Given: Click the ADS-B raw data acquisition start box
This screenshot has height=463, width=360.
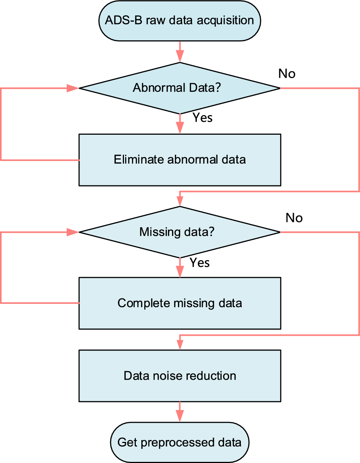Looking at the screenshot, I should pyautogui.click(x=180, y=21).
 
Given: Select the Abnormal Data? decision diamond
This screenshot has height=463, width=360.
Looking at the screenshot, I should pyautogui.click(x=180, y=88).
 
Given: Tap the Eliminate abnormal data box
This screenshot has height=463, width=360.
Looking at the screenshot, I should pyautogui.click(x=180, y=160).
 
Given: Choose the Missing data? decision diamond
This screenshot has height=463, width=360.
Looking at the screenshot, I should pyautogui.click(x=180, y=232).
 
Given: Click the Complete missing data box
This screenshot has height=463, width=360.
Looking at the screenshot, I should pyautogui.click(x=180, y=303).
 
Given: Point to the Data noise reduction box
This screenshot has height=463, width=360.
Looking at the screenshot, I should pyautogui.click(x=180, y=376).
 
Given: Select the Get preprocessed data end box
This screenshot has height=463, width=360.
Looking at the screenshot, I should pyautogui.click(x=180, y=442).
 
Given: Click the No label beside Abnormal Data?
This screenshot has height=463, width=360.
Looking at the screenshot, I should pyautogui.click(x=287, y=74).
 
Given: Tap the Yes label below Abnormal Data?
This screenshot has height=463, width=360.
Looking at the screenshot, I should pyautogui.click(x=202, y=118).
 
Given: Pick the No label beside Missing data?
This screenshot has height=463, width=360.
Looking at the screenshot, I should pyautogui.click(x=294, y=218).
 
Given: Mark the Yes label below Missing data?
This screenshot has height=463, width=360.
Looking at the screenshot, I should pyautogui.click(x=199, y=263).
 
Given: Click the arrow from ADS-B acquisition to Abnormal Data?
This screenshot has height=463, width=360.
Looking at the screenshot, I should pyautogui.click(x=180, y=52).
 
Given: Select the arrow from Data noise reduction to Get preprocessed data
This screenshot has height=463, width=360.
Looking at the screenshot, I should pyautogui.click(x=180, y=412).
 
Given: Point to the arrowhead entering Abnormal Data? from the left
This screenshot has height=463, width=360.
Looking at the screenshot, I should pyautogui.click(x=73, y=88).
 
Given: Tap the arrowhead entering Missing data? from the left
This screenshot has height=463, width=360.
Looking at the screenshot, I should pyautogui.click(x=73, y=232).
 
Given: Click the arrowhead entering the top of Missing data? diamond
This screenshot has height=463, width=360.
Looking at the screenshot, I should pyautogui.click(x=180, y=201).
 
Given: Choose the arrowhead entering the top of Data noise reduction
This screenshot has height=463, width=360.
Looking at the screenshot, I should pyautogui.click(x=180, y=345).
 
